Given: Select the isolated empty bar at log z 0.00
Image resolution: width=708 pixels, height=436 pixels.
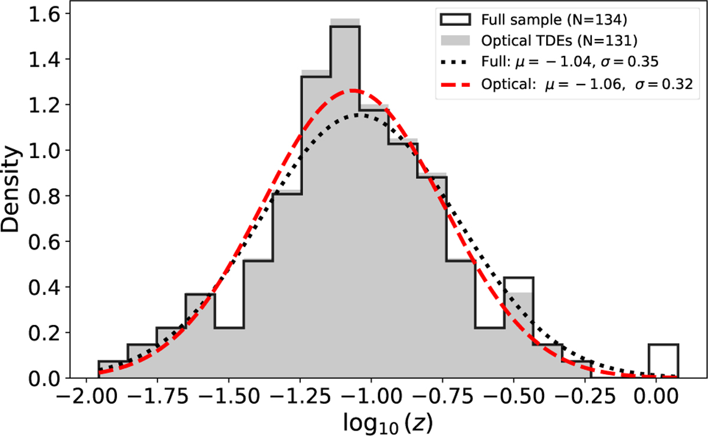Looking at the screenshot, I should point(663,361).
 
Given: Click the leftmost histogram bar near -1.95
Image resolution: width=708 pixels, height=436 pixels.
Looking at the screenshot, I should point(113,370).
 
